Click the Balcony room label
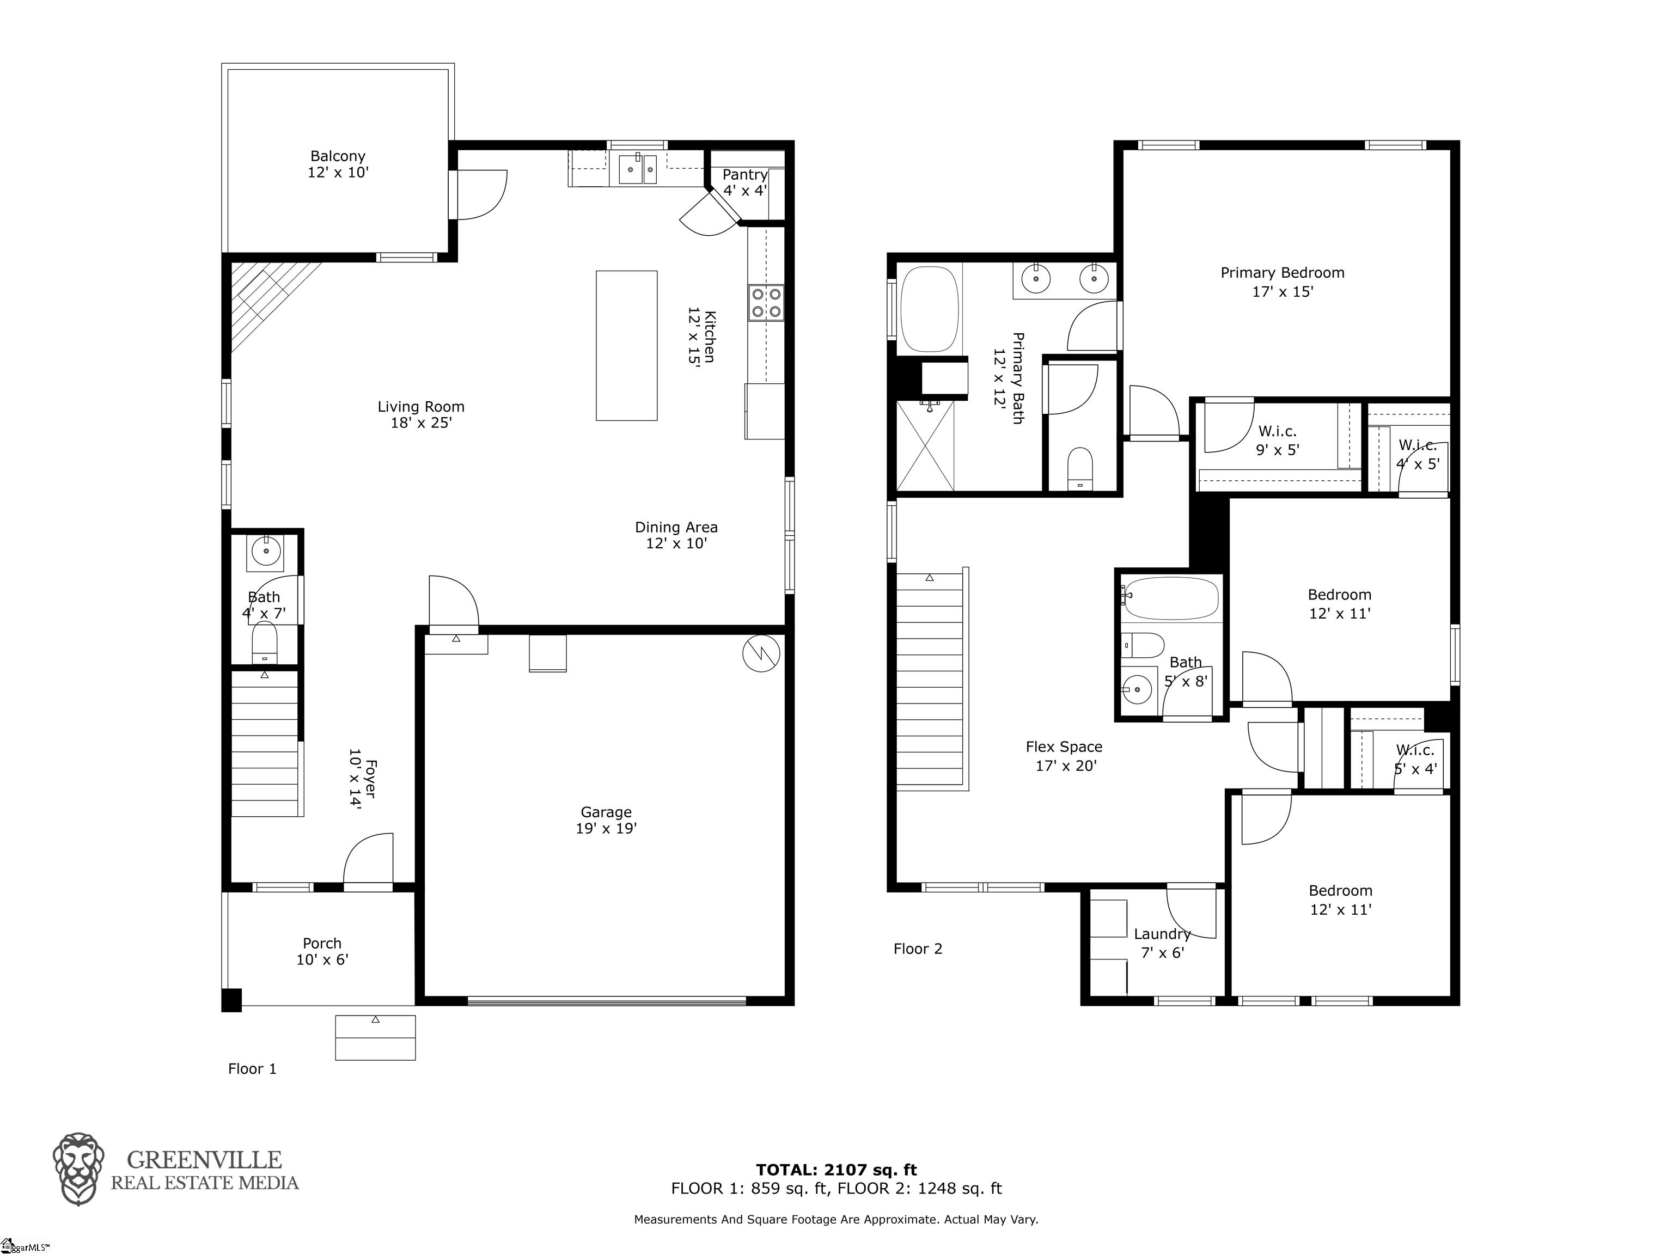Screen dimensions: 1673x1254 coord(337,164)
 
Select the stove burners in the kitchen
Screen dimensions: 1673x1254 coord(766,303)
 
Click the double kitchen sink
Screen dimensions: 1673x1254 coord(638,169)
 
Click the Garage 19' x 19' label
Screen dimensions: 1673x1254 coord(606,820)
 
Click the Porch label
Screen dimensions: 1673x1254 coord(322,951)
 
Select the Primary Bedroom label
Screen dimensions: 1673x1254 coord(1282,282)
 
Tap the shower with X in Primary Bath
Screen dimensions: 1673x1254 coord(925,445)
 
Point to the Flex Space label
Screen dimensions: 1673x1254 coord(1064,756)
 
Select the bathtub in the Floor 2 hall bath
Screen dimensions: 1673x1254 coord(1170,599)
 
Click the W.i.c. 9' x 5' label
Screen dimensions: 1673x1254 coord(1278,440)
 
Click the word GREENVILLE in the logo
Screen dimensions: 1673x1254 coord(204,1159)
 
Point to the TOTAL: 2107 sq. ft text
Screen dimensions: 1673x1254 coord(836,1170)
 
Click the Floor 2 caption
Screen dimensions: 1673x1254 coord(918,949)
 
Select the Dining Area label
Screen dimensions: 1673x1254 coord(676,535)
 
